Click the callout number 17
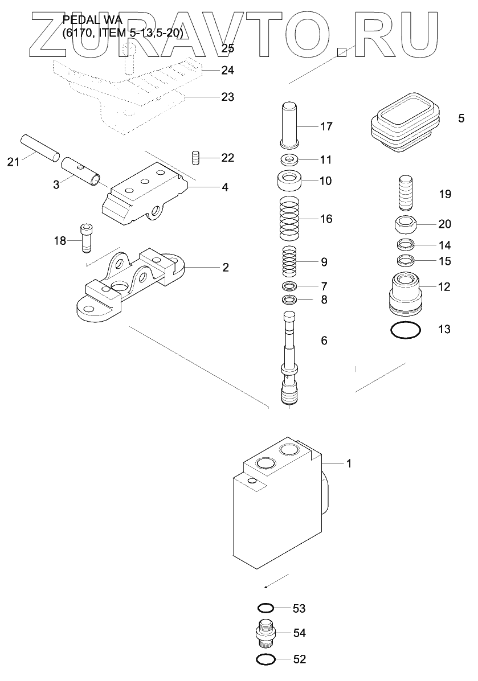pos(326,126)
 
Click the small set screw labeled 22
pos(195,158)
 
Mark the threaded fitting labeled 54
pos(264,633)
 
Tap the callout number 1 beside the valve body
pos(349,463)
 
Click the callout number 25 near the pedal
pos(227,48)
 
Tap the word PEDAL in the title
pos(79,20)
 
